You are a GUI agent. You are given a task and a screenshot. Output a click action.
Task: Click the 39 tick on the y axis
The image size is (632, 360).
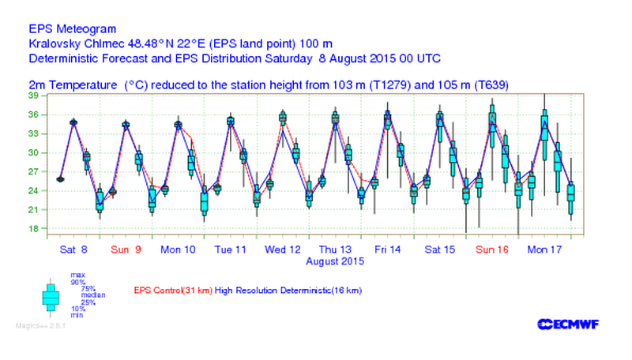(34, 96)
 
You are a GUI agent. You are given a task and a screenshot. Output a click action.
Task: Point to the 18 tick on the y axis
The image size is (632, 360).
(34, 229)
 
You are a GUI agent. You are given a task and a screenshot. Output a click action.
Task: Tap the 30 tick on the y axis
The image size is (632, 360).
(34, 152)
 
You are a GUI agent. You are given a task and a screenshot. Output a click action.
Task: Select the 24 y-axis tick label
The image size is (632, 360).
(34, 191)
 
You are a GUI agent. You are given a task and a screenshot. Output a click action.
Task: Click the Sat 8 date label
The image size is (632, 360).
(73, 249)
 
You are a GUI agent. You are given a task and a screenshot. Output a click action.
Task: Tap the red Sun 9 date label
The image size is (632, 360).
(126, 249)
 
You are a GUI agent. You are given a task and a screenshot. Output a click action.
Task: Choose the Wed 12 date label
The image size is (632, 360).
(283, 249)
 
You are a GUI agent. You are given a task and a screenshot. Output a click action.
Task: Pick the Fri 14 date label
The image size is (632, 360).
(388, 249)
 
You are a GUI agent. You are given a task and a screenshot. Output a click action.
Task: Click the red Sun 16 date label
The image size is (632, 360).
(492, 249)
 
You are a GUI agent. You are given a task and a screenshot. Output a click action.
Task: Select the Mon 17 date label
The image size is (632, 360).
(546, 249)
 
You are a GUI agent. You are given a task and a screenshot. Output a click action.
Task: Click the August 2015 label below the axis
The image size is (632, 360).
(335, 261)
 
